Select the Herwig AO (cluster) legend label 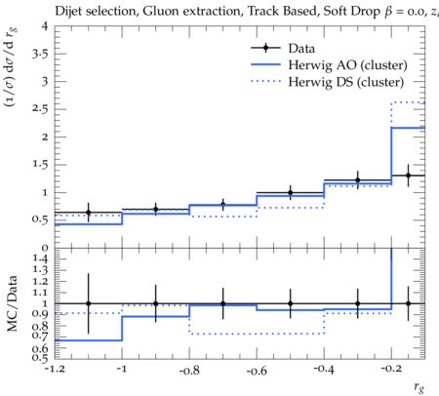coord(347,65)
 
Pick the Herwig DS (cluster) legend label coord(346,82)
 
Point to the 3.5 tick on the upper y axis coord(40,54)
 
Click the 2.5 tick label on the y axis coord(40,109)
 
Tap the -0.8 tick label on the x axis coord(189,370)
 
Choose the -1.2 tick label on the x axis coord(55,370)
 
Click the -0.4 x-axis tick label coord(324,370)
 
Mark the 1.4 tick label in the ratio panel coord(40,259)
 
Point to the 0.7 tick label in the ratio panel coord(40,336)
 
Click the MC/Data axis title coord(12,303)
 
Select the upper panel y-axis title coord(12,66)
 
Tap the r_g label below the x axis coord(419,387)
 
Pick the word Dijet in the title coord(68,12)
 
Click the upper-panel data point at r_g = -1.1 coord(88,213)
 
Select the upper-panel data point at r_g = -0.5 coord(291,193)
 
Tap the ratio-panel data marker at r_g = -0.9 coord(156,303)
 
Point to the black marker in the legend coord(266,48)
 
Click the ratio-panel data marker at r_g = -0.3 coord(358,303)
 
